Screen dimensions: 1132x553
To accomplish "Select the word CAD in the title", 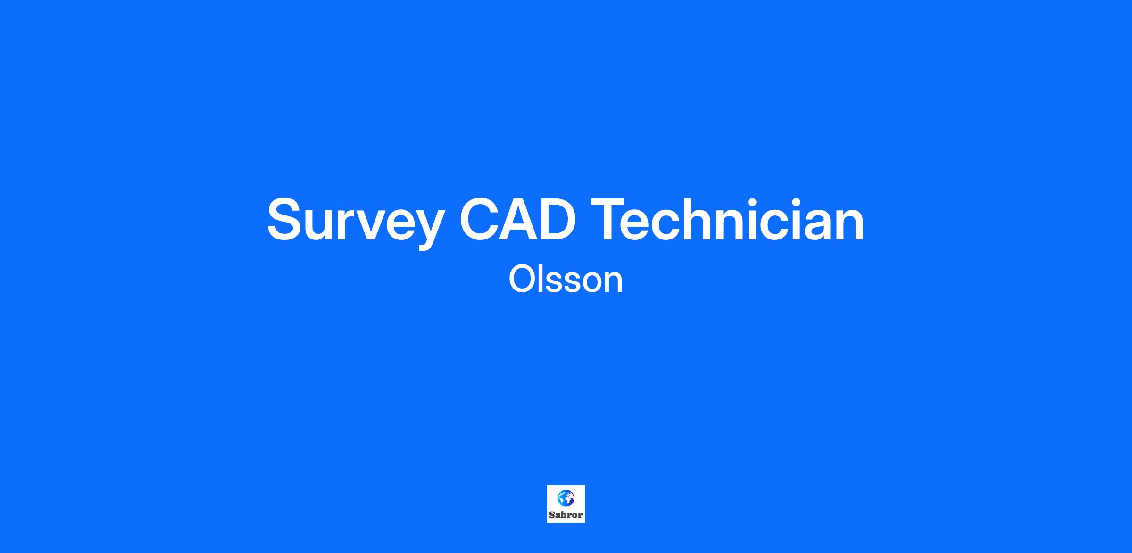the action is (517, 219).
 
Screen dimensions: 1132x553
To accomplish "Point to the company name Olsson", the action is (566, 280).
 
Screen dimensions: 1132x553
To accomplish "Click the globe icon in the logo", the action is (566, 497).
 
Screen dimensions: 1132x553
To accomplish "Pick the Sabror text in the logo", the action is (566, 515).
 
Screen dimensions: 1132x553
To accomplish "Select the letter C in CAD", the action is (480, 219).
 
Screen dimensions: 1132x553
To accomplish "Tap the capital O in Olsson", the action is (522, 280).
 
